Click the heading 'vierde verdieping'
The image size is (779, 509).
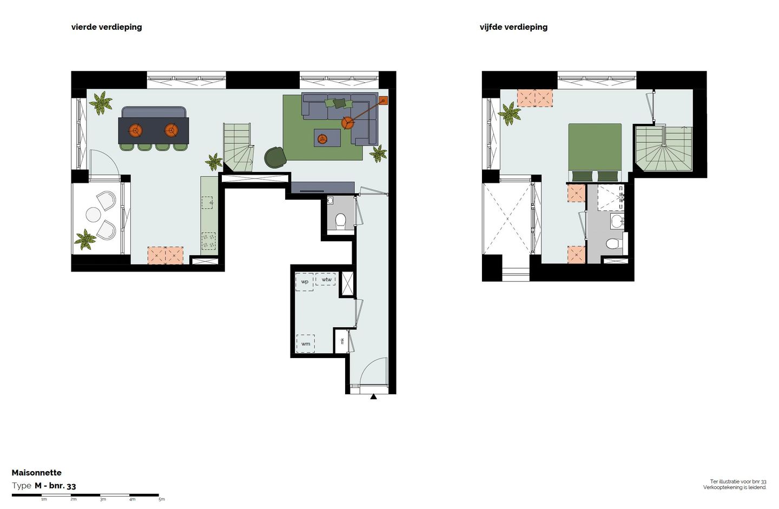pyautogui.click(x=107, y=27)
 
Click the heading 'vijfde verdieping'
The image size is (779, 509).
pyautogui.click(x=513, y=27)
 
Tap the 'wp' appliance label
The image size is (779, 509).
pyautogui.click(x=305, y=282)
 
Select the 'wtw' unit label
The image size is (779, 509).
pyautogui.click(x=326, y=280)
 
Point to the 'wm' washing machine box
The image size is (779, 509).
pyautogui.click(x=306, y=343)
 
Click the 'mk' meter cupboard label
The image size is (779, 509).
pyautogui.click(x=342, y=341)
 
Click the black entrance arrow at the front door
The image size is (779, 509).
pyautogui.click(x=373, y=397)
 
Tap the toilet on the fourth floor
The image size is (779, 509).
pyautogui.click(x=340, y=221)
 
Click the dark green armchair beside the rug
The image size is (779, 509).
pyautogui.click(x=275, y=157)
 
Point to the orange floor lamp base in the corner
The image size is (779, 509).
pyautogui.click(x=384, y=100)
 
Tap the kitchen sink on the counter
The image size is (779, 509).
pyautogui.click(x=208, y=203)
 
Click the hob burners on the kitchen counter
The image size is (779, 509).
pyautogui.click(x=208, y=241)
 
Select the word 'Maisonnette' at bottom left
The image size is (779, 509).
pyautogui.click(x=37, y=473)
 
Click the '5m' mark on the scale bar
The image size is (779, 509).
pyautogui.click(x=161, y=499)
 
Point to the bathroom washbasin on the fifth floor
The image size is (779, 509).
pyautogui.click(x=616, y=220)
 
